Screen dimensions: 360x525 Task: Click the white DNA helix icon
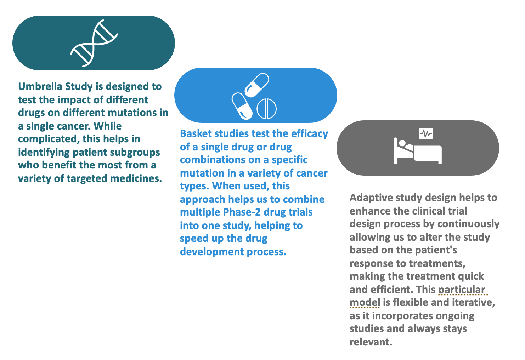(94, 44)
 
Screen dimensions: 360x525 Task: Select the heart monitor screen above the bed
(425, 133)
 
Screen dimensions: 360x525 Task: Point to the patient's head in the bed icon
(402, 143)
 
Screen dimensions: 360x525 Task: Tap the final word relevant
(371, 342)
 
